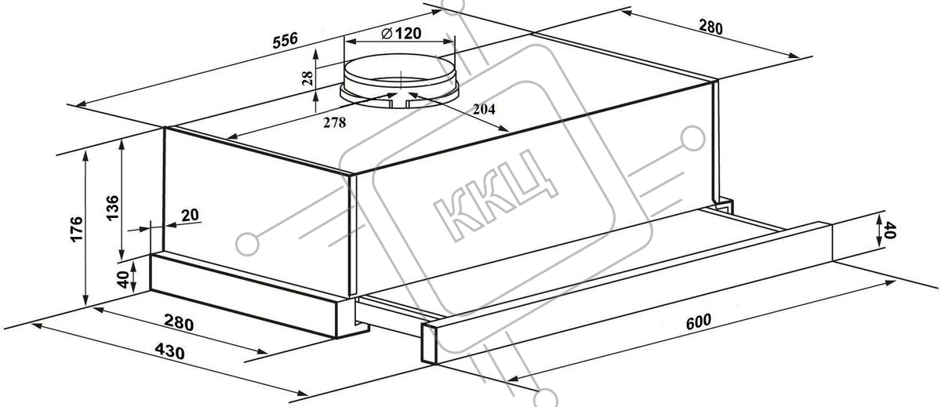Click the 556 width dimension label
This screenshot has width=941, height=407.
tap(285, 40)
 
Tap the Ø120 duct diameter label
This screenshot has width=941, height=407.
tap(401, 33)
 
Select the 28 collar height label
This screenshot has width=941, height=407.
tap(308, 78)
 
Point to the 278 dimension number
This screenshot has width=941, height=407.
tap(334, 122)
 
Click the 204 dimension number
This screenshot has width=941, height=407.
tap(484, 109)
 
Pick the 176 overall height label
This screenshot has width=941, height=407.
tap(77, 229)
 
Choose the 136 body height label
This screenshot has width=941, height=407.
tap(113, 208)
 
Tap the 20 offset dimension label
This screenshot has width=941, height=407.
tap(190, 215)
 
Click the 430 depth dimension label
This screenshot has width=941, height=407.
tap(169, 351)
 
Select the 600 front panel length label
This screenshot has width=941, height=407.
tap(699, 322)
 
